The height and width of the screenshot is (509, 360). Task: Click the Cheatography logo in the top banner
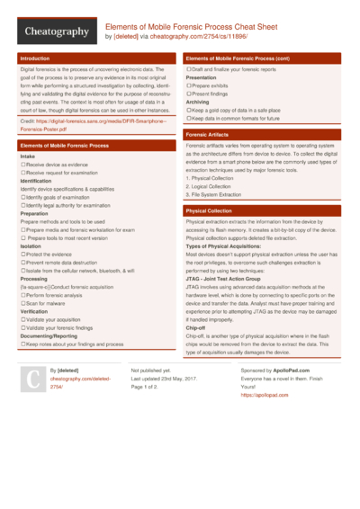(x=55, y=31)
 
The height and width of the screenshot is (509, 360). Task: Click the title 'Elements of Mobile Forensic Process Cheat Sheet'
(x=191, y=26)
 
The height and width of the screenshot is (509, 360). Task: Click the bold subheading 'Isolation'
(x=31, y=245)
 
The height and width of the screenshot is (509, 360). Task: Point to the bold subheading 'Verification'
(x=34, y=310)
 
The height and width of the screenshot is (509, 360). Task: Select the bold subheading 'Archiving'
(x=198, y=102)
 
